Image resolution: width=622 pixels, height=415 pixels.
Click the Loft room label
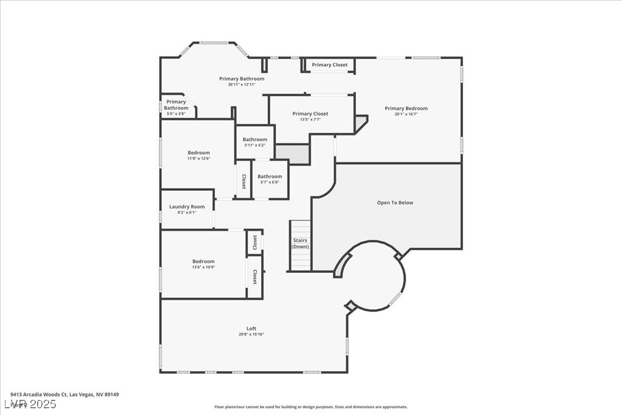pos(251,329)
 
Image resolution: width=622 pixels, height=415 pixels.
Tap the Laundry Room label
pos(187,207)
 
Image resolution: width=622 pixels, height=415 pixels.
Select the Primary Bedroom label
pos(406,109)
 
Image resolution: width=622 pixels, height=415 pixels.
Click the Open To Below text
pos(395,203)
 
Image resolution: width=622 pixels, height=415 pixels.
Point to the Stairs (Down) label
pos(299,244)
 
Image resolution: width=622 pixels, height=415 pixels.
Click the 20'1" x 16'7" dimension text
pos(406,114)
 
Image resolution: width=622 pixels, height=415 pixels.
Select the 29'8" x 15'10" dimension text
pos(251,334)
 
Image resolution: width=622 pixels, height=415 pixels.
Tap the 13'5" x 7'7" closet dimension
pos(310,119)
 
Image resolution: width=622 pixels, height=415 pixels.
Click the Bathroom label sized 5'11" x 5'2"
pos(255,140)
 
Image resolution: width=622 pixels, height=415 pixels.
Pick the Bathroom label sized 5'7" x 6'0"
pos(270,177)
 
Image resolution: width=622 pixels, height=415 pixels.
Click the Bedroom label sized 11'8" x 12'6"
pos(199,153)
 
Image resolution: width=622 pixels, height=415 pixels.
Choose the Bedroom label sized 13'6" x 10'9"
pos(203,262)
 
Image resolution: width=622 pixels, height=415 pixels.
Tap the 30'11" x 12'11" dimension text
pos(242,84)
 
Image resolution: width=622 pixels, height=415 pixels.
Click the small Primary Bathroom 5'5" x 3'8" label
pos(176,105)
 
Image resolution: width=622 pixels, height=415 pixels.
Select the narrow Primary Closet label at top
pos(330,65)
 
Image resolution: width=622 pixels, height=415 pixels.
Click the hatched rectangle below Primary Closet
pos(292,154)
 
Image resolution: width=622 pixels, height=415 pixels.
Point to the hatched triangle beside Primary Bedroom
pos(361,123)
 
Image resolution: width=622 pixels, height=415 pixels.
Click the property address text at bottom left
pos(64,394)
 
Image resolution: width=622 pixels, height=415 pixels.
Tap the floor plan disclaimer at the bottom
pos(310,407)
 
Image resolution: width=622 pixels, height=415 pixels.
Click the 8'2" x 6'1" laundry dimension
pos(187,213)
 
